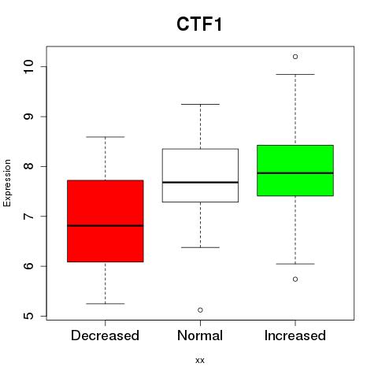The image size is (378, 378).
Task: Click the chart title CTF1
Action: click(x=199, y=24)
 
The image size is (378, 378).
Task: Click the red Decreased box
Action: click(x=106, y=221)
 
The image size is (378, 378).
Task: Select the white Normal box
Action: click(x=200, y=176)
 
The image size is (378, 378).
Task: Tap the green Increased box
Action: click(x=295, y=170)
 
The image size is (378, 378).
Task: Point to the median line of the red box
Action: click(x=106, y=225)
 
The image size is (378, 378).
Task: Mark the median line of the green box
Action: click(x=295, y=173)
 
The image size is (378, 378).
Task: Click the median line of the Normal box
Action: click(x=200, y=182)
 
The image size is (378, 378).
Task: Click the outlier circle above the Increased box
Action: click(x=295, y=57)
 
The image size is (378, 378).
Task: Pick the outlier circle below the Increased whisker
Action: click(x=295, y=280)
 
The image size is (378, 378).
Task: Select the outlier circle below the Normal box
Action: click(x=200, y=310)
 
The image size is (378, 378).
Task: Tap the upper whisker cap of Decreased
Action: click(x=106, y=137)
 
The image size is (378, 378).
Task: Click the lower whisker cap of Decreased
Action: click(x=106, y=304)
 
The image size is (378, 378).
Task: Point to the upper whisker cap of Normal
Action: click(x=200, y=104)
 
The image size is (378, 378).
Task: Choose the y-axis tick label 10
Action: click(x=28, y=67)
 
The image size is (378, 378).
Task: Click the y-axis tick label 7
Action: click(x=28, y=217)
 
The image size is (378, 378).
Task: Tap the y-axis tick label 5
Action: click(x=28, y=316)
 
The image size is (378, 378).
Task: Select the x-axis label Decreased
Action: click(x=105, y=335)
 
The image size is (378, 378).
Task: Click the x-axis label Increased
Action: click(x=295, y=335)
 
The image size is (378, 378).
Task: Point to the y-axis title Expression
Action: click(x=7, y=183)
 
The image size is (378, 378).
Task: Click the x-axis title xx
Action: click(x=200, y=361)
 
